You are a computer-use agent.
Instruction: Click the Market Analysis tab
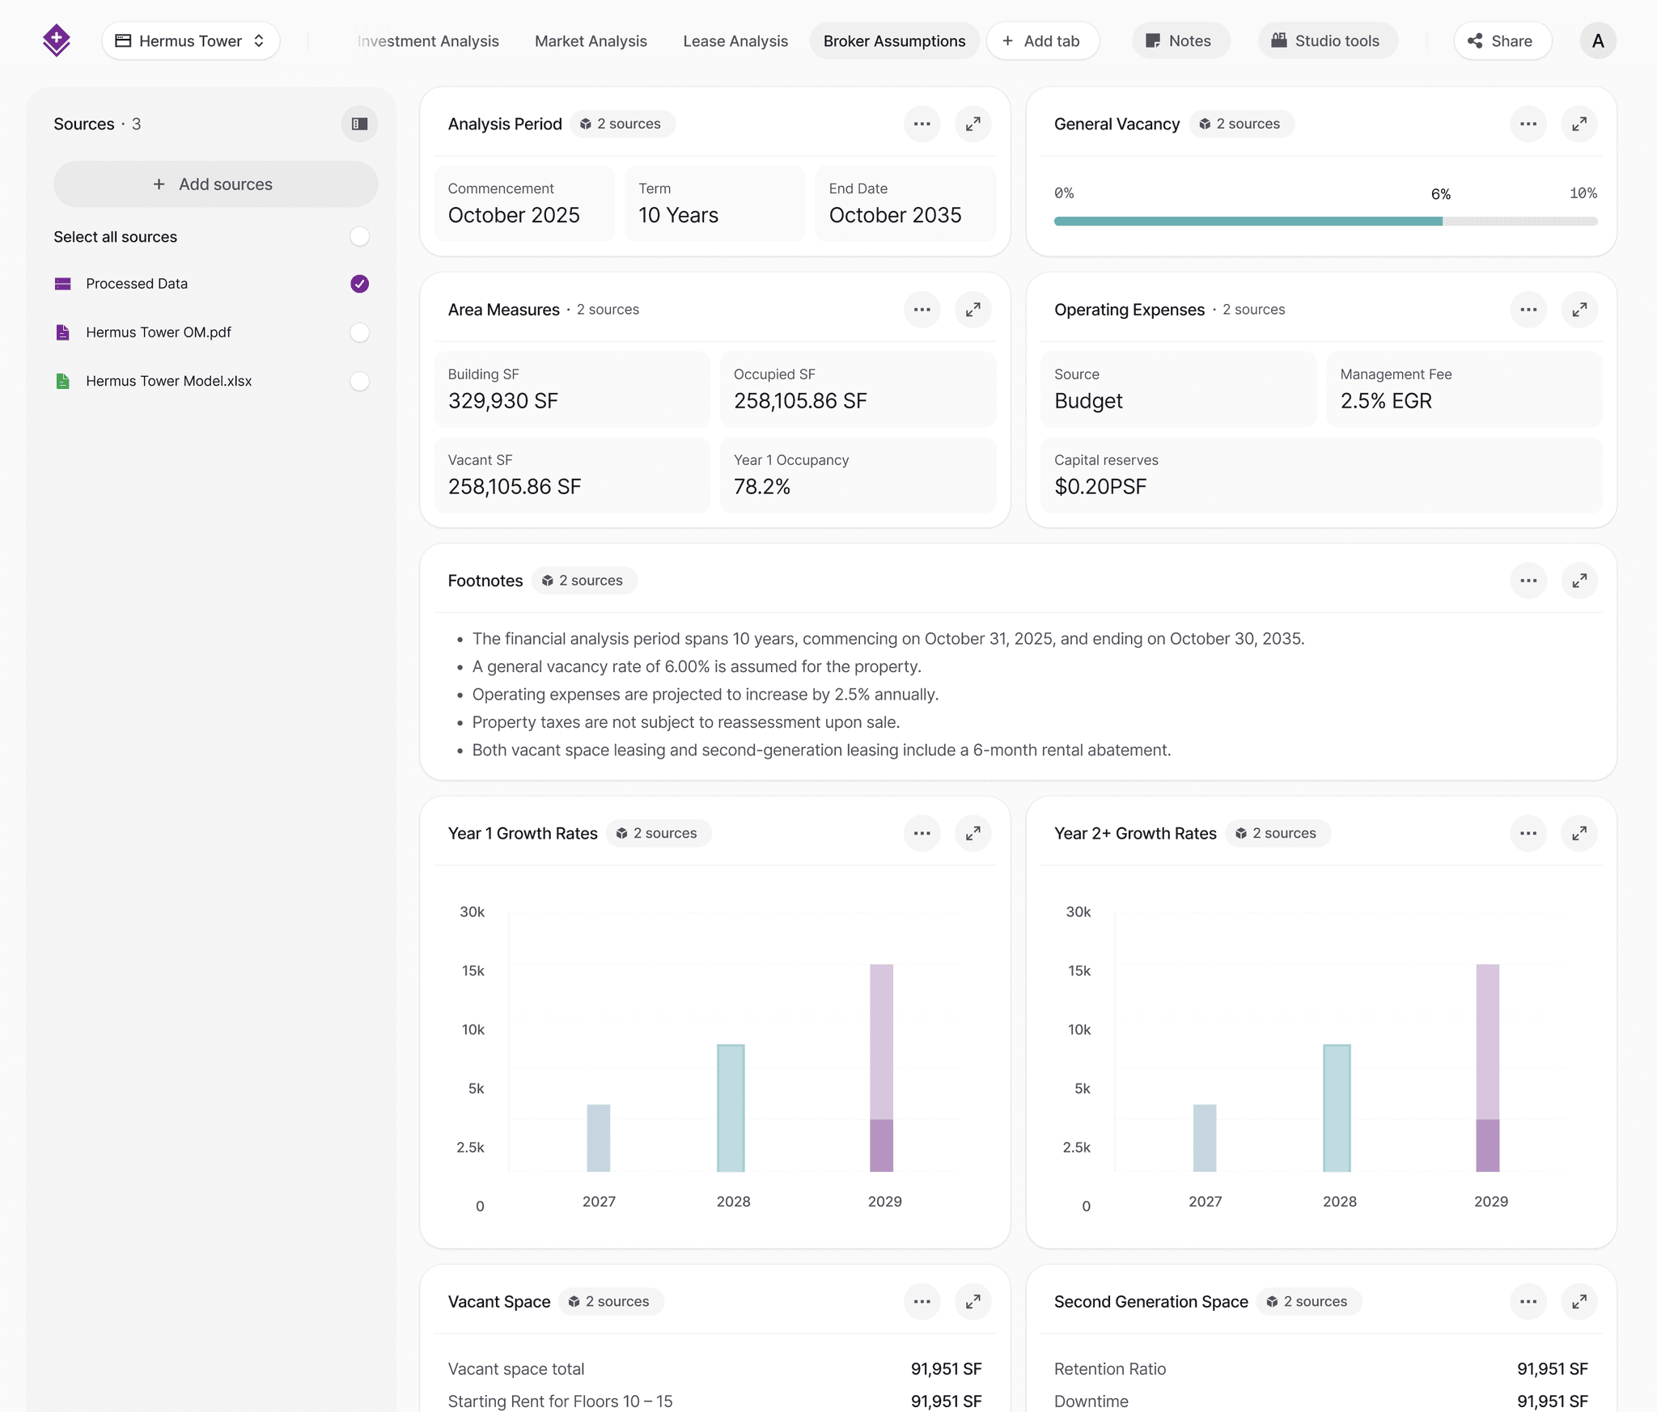591,41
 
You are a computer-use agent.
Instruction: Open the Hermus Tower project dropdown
191,41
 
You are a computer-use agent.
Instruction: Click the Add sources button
215,184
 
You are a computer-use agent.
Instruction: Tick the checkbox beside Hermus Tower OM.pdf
359,332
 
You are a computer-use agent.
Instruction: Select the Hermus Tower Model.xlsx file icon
62,381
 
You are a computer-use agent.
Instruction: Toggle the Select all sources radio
359,237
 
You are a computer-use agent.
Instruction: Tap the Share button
1502,41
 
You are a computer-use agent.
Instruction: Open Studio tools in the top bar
1327,41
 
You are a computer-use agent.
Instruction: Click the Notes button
1180,41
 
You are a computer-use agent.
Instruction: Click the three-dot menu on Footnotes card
1528,581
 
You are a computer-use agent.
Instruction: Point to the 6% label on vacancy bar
1440,194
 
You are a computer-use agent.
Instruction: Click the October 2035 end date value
895,215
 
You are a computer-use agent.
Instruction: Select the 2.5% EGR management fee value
1385,401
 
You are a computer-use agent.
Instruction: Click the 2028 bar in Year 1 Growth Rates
731,1108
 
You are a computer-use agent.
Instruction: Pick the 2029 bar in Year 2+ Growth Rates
1487,1067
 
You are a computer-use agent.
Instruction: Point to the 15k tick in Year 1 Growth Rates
473,970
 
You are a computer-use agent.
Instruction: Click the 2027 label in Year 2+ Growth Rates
1205,1202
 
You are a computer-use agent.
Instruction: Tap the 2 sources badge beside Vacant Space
611,1301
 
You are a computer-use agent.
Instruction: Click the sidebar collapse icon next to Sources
359,124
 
